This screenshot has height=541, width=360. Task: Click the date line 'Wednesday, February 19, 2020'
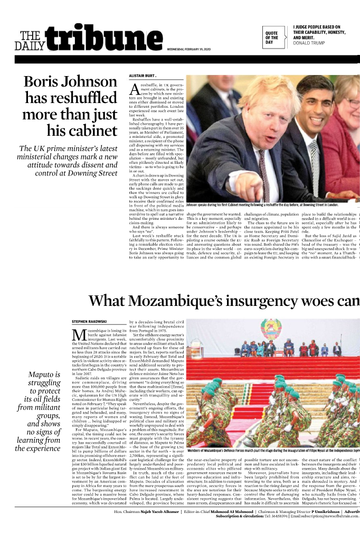point(189,49)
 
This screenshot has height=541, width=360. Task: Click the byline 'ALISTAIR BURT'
point(142,76)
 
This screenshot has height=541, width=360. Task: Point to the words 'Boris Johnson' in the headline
point(70,82)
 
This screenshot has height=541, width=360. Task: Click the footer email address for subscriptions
point(327,534)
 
